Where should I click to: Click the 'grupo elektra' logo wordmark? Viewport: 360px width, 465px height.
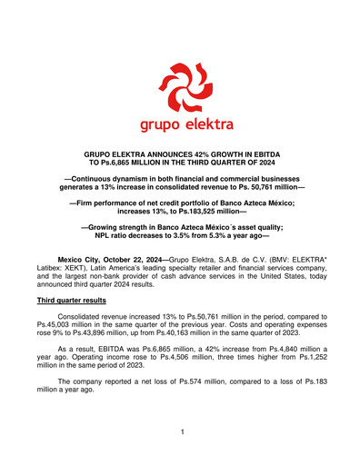[179, 120]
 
